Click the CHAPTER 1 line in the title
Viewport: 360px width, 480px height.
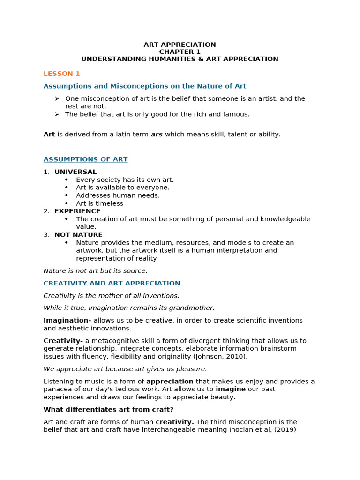180,52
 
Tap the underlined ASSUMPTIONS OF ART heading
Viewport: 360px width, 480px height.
85,159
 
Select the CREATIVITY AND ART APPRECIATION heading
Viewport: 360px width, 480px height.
112,283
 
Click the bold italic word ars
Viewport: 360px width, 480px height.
157,135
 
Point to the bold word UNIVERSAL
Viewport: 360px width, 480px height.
75,172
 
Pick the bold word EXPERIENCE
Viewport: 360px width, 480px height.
77,211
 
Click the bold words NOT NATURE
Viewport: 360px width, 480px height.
78,235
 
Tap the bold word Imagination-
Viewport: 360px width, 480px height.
67,321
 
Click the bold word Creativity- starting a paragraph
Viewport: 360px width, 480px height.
63,341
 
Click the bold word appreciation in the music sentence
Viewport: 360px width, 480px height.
170,382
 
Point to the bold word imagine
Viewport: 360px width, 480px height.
231,389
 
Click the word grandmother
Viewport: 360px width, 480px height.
194,308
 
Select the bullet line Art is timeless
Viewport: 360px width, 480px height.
99,203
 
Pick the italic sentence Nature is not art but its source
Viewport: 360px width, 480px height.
95,271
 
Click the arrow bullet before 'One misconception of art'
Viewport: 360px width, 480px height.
57,98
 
